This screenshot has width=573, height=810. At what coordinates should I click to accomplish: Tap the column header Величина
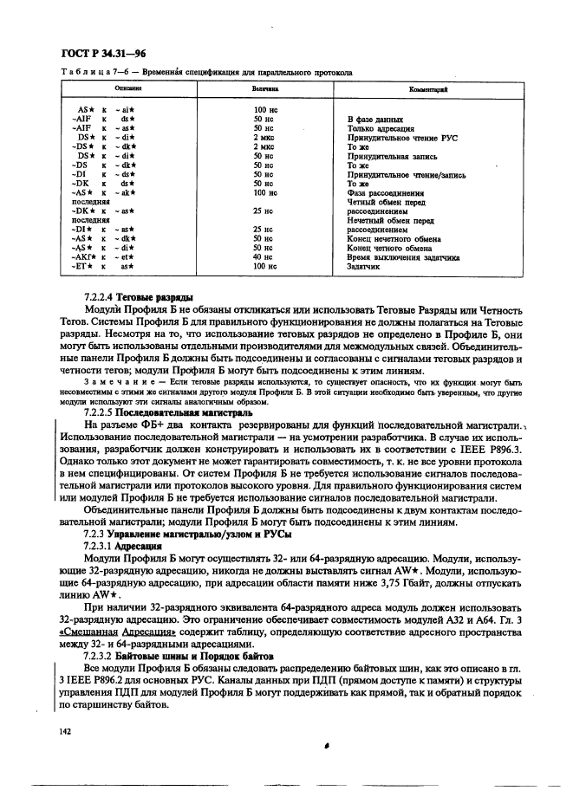264,89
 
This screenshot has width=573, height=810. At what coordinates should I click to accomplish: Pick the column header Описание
129,89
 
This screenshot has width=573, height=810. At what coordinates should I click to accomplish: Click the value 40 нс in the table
263,257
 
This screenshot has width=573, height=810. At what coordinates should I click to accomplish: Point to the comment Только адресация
381,127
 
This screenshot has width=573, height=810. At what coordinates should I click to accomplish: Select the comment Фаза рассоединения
385,193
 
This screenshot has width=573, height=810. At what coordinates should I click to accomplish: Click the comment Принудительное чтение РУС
401,137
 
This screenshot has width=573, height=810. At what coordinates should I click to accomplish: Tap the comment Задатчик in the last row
364,267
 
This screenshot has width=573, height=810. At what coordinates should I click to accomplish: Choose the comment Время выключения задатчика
403,257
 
